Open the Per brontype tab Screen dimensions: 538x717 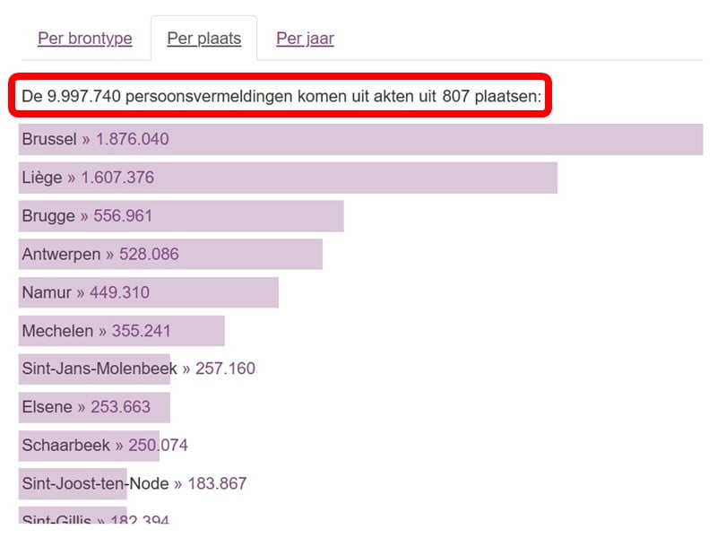tap(84, 39)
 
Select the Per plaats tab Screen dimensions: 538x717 tap(203, 39)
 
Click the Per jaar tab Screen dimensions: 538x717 tap(305, 39)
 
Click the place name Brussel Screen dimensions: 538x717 tap(49, 139)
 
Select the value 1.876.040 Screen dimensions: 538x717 tap(132, 139)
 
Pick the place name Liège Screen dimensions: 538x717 tap(42, 178)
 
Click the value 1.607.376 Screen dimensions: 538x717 tap(117, 178)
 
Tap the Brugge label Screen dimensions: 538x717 tap(48, 216)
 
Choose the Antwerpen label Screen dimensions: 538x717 tap(61, 254)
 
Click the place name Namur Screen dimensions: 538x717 tap(47, 292)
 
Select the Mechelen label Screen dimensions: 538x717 tap(57, 331)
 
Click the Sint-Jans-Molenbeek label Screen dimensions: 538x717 tap(99, 369)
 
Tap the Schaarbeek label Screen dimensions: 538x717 tap(65, 446)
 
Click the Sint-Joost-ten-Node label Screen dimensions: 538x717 tap(95, 483)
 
